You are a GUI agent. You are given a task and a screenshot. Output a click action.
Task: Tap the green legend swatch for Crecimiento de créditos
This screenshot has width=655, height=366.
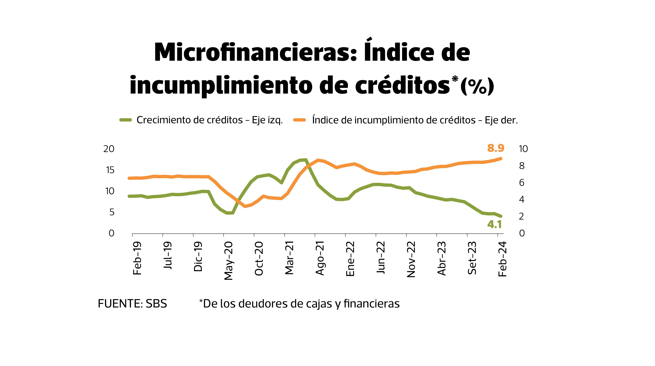pyautogui.click(x=126, y=120)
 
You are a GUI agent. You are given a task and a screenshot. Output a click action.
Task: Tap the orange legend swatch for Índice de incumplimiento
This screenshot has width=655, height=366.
pyautogui.click(x=299, y=120)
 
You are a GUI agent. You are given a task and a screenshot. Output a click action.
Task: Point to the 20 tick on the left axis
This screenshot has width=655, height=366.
pyautogui.click(x=109, y=149)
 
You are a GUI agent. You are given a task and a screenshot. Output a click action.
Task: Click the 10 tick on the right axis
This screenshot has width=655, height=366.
pyautogui.click(x=523, y=149)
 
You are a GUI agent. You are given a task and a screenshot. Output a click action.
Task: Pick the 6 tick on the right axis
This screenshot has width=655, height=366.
pyautogui.click(x=522, y=183)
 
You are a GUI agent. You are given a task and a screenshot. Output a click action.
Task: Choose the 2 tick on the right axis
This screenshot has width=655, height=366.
pyautogui.click(x=522, y=216)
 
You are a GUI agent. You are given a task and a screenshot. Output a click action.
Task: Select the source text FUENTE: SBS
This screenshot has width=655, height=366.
pyautogui.click(x=132, y=304)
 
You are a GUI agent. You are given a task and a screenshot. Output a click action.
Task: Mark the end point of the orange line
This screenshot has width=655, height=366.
pyautogui.click(x=501, y=158)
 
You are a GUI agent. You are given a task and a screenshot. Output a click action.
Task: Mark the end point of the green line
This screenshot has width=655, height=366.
pyautogui.click(x=501, y=216)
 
